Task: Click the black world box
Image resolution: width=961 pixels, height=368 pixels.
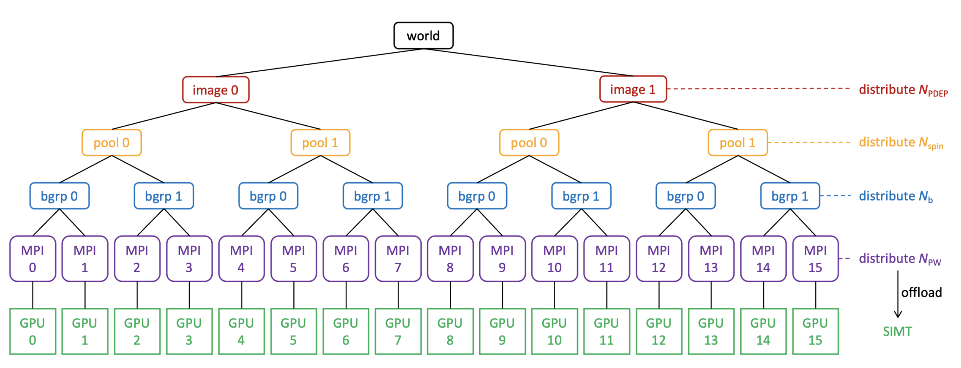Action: tap(424, 35)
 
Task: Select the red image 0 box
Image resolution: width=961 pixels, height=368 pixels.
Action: tap(216, 89)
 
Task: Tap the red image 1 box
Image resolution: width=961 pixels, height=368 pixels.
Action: tap(633, 89)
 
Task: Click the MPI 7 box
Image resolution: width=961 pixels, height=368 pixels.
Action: tap(398, 258)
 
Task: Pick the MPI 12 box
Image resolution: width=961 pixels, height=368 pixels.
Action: tap(659, 258)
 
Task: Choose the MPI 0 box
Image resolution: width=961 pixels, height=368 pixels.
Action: tap(33, 258)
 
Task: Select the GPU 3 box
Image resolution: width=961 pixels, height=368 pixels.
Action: tap(189, 331)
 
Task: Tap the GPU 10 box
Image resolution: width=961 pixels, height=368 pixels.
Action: tap(554, 331)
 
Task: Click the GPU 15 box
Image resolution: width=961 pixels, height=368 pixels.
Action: tap(816, 331)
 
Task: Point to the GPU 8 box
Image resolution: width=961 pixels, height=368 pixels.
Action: tap(450, 331)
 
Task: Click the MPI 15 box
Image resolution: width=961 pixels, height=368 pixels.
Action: tap(816, 258)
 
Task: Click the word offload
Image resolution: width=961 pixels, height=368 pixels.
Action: tap(922, 292)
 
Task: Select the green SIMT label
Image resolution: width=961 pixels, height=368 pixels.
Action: tap(897, 331)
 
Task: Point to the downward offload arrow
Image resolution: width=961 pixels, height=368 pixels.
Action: tap(898, 295)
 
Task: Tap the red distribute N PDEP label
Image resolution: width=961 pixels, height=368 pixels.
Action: tap(903, 90)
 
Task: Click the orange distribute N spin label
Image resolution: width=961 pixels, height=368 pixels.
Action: tap(901, 143)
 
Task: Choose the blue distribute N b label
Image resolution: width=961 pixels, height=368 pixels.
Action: tap(895, 196)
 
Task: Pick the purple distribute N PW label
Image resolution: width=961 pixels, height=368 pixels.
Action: tap(900, 258)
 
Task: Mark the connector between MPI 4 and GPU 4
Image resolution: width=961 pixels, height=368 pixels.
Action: tap(242, 295)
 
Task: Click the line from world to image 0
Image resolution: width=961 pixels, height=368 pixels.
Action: tap(320, 63)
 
